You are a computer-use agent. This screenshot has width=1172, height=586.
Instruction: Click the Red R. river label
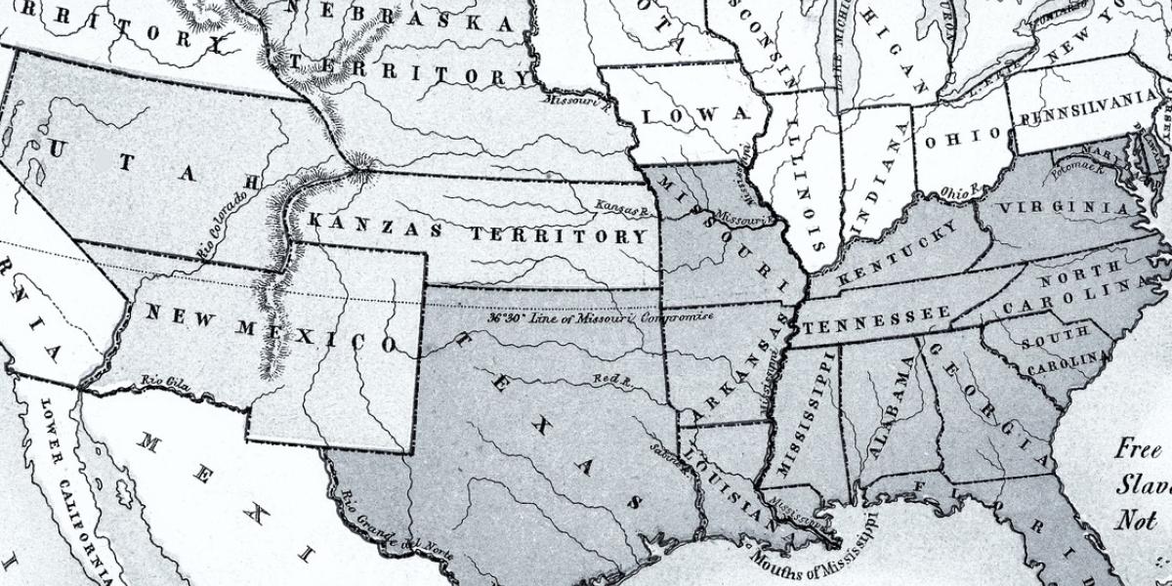(613, 380)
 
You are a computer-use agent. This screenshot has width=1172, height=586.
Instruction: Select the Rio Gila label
(162, 382)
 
